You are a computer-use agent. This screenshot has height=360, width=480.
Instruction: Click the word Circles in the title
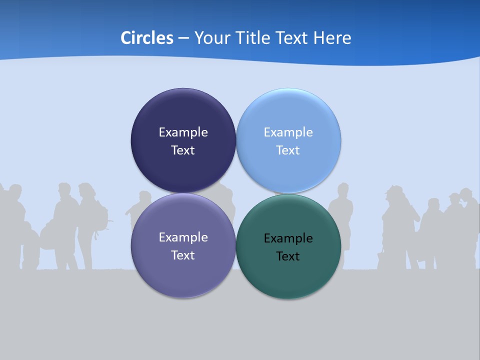pyautogui.click(x=146, y=38)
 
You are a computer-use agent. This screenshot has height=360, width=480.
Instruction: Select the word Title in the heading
pyautogui.click(x=253, y=38)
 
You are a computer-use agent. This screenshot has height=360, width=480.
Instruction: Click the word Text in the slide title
pyautogui.click(x=292, y=38)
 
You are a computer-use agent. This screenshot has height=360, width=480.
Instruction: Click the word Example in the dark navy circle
pyautogui.click(x=183, y=132)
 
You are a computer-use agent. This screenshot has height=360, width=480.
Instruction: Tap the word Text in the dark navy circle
pyautogui.click(x=183, y=150)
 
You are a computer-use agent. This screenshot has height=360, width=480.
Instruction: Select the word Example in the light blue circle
pyautogui.click(x=288, y=132)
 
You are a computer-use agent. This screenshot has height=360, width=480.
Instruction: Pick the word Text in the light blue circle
pyautogui.click(x=288, y=150)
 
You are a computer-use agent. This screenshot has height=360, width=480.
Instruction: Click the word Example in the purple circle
pyautogui.click(x=183, y=237)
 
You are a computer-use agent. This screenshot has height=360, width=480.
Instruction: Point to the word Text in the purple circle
pyautogui.click(x=183, y=255)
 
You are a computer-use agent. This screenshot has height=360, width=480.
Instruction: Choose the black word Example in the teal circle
pyautogui.click(x=288, y=238)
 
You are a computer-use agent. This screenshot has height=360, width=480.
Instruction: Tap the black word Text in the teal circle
pyautogui.click(x=288, y=256)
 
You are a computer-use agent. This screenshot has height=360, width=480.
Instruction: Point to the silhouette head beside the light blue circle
pyautogui.click(x=343, y=190)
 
